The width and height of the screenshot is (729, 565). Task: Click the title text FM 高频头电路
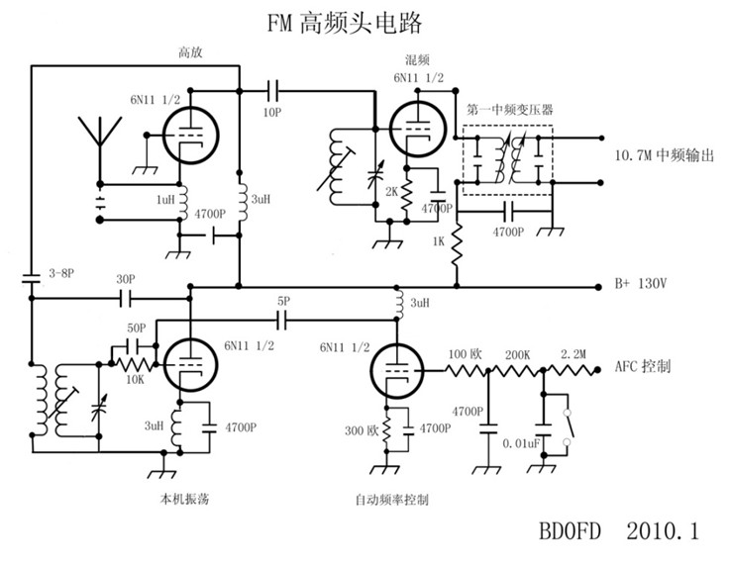[x=338, y=22]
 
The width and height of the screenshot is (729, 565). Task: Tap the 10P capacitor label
[x=271, y=113]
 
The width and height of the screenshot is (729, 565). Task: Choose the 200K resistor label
[x=518, y=353]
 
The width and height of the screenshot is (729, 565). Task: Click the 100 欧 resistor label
[x=464, y=353]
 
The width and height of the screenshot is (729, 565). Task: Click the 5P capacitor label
[x=283, y=301]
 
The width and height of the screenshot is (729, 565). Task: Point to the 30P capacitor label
[x=125, y=279]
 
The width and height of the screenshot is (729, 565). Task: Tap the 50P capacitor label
[x=137, y=328]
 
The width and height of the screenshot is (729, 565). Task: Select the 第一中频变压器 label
[x=503, y=110]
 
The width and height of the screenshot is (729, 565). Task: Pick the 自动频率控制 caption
[x=393, y=499]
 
